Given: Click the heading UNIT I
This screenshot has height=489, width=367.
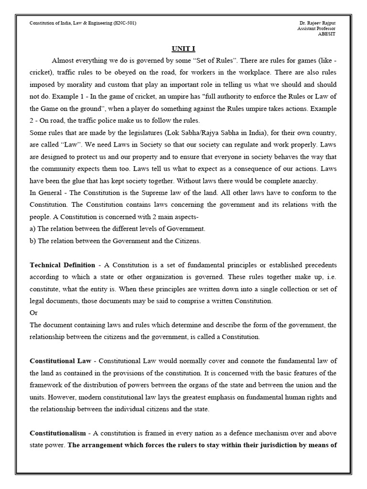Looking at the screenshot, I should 183,49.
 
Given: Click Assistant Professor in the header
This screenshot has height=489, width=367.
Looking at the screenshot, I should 316,29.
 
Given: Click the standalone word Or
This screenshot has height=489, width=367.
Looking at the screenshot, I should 33,313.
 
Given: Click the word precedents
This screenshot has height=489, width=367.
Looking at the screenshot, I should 317,265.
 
